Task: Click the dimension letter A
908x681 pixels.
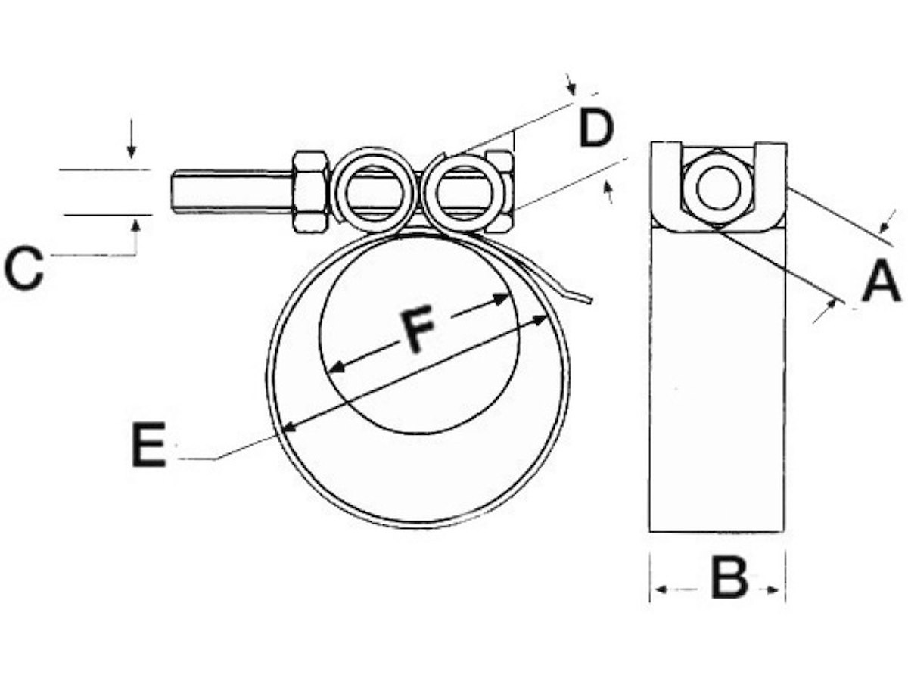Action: (x=881, y=280)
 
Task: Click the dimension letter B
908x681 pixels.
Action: (x=729, y=577)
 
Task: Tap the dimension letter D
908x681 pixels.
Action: (x=595, y=127)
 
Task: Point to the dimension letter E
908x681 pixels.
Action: (x=148, y=444)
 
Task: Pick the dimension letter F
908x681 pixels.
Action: (x=417, y=328)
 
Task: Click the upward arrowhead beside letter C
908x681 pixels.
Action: (x=136, y=225)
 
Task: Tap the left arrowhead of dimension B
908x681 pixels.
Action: (x=661, y=589)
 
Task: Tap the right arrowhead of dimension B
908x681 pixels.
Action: (x=773, y=590)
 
